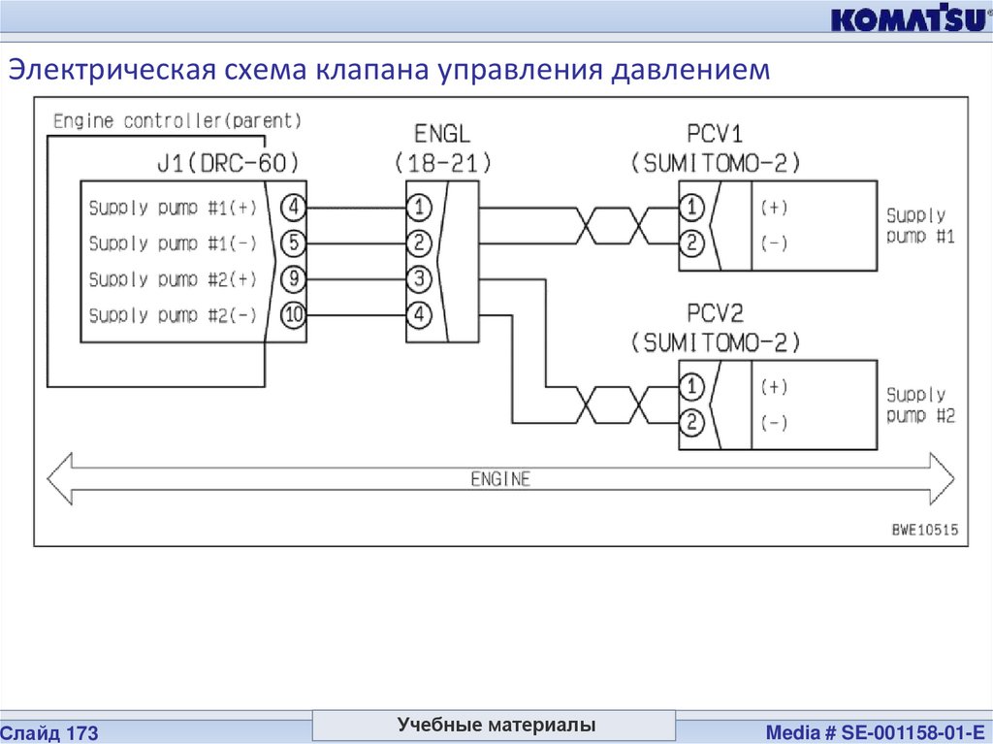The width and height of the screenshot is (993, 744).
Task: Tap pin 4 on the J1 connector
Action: point(292,207)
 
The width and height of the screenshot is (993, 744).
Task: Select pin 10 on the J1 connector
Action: point(292,314)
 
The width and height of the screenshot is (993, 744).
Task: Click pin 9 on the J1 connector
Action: point(292,279)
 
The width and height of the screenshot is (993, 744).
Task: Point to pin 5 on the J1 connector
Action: point(292,243)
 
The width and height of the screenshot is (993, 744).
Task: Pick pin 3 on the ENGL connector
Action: point(419,279)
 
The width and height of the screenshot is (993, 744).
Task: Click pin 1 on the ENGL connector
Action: point(419,207)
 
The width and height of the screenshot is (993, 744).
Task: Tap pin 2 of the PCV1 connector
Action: point(690,243)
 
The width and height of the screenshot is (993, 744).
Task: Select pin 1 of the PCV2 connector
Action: point(690,387)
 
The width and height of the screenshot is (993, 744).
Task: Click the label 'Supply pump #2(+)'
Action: point(173,279)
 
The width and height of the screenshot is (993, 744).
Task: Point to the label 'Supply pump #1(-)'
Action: point(173,243)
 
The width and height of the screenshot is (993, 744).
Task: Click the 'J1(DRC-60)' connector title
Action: point(231,161)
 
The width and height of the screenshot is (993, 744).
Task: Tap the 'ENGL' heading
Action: point(442,133)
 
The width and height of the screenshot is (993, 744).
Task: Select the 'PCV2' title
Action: point(716,313)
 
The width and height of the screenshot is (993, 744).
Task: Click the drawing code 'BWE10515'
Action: point(924,530)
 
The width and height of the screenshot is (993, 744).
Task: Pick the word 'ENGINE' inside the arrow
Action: point(500,478)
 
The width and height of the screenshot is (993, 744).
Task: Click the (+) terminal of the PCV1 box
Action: point(774,207)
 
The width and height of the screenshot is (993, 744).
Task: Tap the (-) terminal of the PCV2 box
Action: point(774,423)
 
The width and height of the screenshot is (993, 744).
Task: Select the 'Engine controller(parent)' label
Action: point(177,121)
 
